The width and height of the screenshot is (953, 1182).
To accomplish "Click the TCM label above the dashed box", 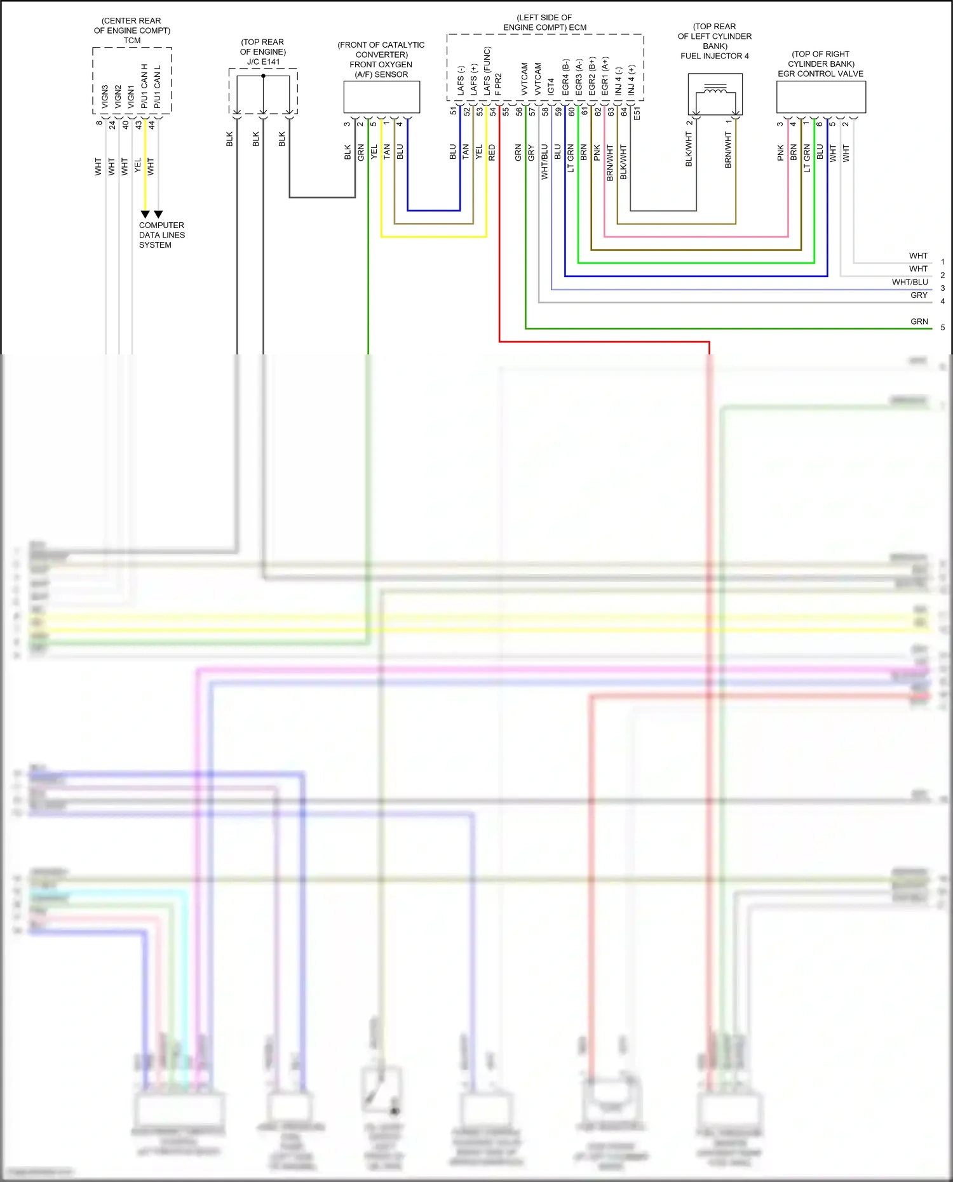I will [132, 41].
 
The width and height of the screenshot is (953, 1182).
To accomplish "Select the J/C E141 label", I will [263, 62].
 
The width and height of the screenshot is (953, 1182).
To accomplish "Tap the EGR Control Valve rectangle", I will [821, 97].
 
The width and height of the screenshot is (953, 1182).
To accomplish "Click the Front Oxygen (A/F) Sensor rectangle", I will [381, 97].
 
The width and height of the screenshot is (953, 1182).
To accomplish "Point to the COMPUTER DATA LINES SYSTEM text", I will [162, 235].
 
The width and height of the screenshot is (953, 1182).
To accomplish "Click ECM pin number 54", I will [492, 111].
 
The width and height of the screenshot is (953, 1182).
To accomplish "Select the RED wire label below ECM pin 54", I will [492, 152].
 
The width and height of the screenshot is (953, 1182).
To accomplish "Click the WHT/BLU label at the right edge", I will [909, 282].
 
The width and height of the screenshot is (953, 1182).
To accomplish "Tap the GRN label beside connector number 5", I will [919, 321].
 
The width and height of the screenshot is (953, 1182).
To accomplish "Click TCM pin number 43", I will [139, 124].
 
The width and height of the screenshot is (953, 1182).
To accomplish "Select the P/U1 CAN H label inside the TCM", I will [145, 85].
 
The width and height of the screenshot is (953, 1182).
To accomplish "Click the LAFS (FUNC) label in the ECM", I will [487, 71].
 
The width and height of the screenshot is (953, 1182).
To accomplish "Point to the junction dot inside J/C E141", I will [263, 76].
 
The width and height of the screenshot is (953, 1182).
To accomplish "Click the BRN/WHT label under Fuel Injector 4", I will [728, 150].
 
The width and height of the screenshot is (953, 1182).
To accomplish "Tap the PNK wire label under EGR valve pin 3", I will [781, 152].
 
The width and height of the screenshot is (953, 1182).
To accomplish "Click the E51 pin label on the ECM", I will [637, 113].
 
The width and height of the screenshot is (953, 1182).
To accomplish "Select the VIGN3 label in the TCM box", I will [105, 97].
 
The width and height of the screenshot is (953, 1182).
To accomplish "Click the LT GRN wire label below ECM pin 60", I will [571, 158].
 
